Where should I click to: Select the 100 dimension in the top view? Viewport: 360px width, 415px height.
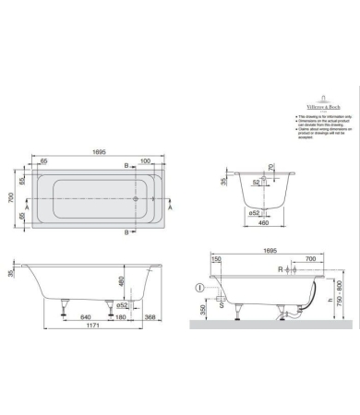pyautogui.click(x=145, y=161)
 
